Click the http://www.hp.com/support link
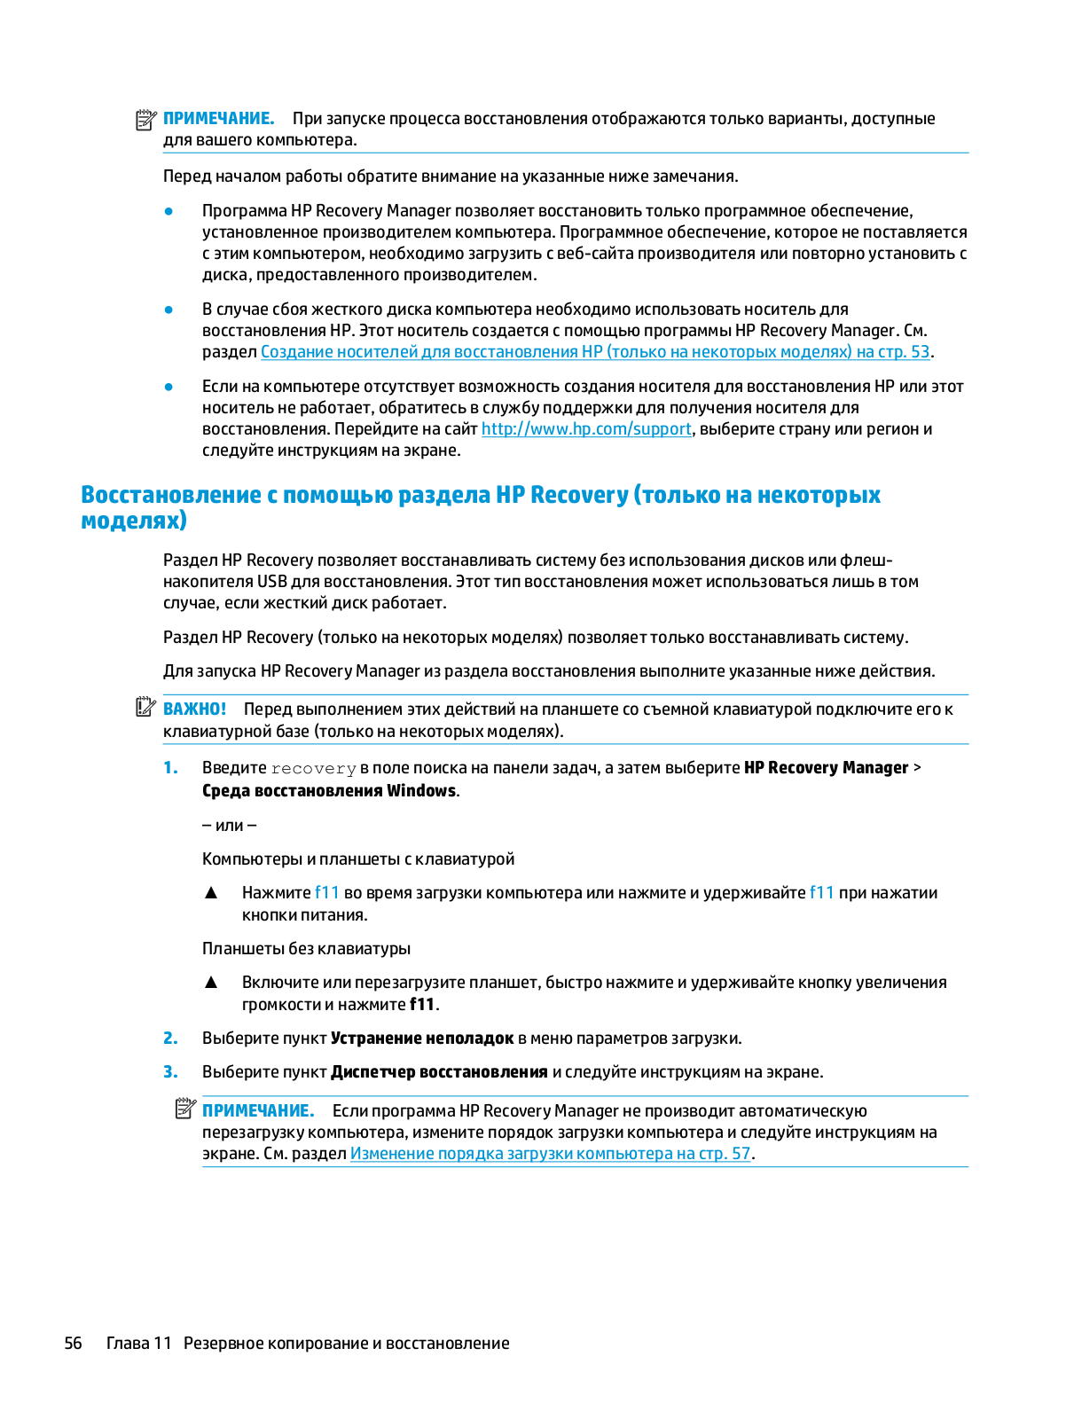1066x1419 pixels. pos(586,429)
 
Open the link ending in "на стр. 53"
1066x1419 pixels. pos(595,352)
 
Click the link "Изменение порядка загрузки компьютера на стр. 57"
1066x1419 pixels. pos(551,1154)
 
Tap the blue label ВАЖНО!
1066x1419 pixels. pos(195,709)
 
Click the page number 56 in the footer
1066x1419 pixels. pos(73,1344)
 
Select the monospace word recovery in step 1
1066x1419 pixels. pos(313,769)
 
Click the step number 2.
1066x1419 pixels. pos(170,1039)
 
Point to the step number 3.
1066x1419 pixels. pos(170,1072)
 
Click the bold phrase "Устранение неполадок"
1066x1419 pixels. pos(422,1039)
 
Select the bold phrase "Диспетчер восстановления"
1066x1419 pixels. pos(439,1072)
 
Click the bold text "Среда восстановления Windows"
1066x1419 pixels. pos(329,791)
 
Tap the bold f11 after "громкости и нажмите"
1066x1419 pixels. pos(422,1005)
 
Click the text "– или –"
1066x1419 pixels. pos(230,826)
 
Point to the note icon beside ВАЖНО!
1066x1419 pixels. pos(145,708)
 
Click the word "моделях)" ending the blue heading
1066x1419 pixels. pos(134,521)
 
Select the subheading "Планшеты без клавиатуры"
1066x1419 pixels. pos(306,949)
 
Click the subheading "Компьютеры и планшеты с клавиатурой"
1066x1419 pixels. pos(358,859)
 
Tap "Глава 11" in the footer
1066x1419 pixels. pos(138,1344)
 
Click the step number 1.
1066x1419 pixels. pos(170,768)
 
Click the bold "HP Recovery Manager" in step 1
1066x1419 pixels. pos(826,768)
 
